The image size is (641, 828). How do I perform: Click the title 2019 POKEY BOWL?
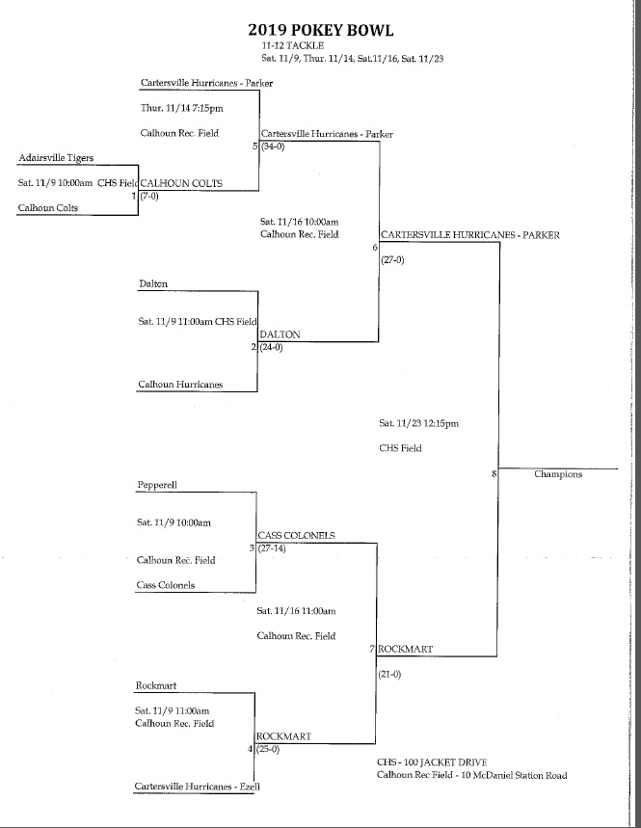(320, 30)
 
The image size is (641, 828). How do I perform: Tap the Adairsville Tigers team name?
(56, 156)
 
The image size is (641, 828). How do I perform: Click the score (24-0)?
(271, 347)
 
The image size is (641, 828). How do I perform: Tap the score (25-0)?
(271, 749)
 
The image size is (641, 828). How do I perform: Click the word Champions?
(558, 473)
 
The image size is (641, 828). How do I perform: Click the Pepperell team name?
(157, 485)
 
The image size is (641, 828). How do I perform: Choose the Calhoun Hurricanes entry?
(180, 384)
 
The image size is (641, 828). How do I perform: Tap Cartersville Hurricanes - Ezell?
(199, 788)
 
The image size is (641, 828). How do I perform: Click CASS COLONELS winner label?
(296, 535)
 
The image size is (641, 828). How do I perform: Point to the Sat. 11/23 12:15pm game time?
(419, 422)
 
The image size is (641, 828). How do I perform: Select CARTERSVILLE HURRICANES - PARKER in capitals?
(469, 234)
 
